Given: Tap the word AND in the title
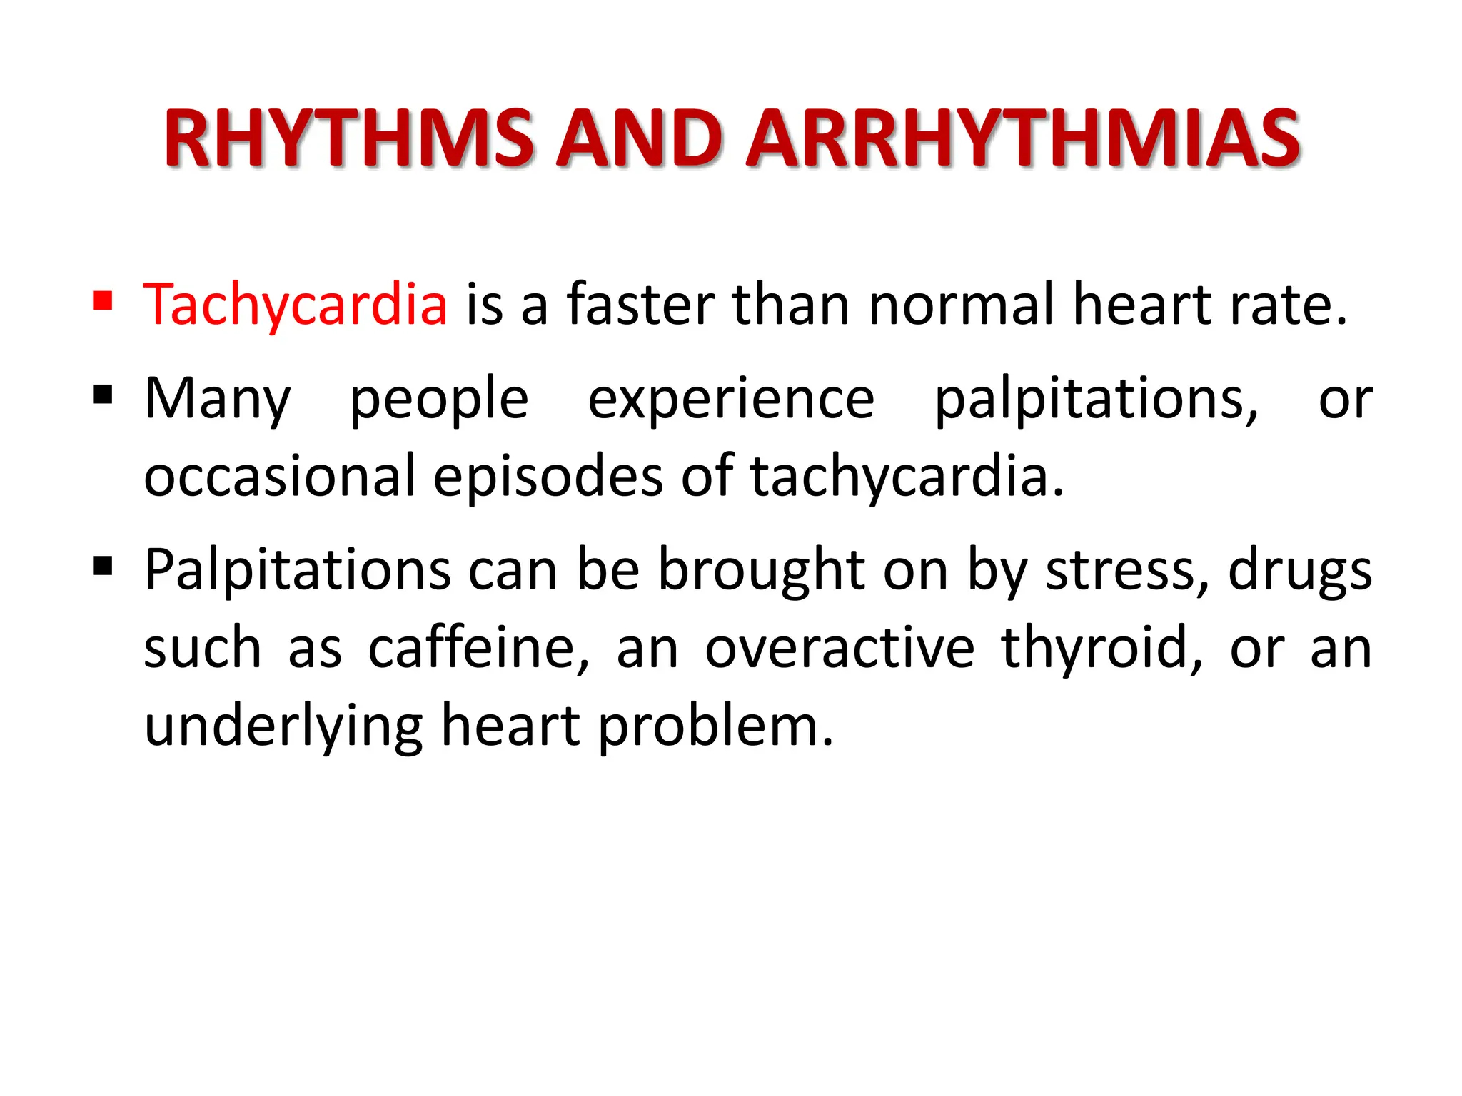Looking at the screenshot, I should (639, 139).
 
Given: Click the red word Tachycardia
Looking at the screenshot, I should (296, 305).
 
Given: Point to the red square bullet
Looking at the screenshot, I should (103, 300).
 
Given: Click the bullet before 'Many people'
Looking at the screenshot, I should (103, 394).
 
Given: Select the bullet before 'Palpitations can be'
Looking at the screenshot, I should (103, 567).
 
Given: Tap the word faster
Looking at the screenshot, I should (640, 305).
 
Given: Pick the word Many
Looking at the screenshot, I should (218, 400).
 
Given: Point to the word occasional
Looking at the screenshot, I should (280, 477).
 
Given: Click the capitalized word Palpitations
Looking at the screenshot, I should (298, 571).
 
